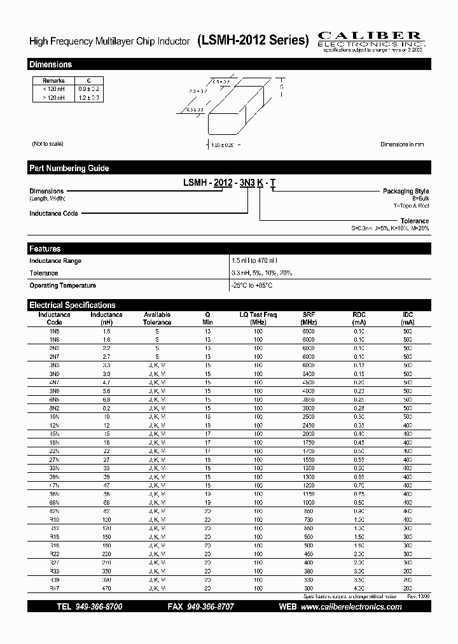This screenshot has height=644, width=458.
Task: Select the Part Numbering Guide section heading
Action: coord(69,168)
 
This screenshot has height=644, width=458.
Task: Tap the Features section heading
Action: coord(45,249)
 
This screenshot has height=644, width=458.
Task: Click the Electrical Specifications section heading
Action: coord(73,305)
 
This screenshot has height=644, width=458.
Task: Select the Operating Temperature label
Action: coord(62,286)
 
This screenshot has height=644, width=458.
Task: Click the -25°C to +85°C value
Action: coord(253,286)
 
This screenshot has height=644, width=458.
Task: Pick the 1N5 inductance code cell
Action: coord(54,332)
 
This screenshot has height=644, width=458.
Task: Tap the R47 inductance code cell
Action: coord(54,589)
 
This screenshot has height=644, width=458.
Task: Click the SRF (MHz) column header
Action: coord(309,318)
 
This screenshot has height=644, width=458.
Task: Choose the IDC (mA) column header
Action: coord(408,318)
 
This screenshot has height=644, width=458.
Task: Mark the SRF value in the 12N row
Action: coord(309,425)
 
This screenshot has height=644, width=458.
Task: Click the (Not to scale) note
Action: coord(48,144)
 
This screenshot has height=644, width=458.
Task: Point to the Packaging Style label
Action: coord(405,192)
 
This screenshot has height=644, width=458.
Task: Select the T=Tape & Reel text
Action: coord(411,206)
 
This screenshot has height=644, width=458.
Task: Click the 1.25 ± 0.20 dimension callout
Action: coord(223,146)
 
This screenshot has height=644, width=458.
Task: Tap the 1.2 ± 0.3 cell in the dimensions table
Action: coord(89,97)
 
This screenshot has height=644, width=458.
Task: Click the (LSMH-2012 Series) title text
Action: coord(253,41)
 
